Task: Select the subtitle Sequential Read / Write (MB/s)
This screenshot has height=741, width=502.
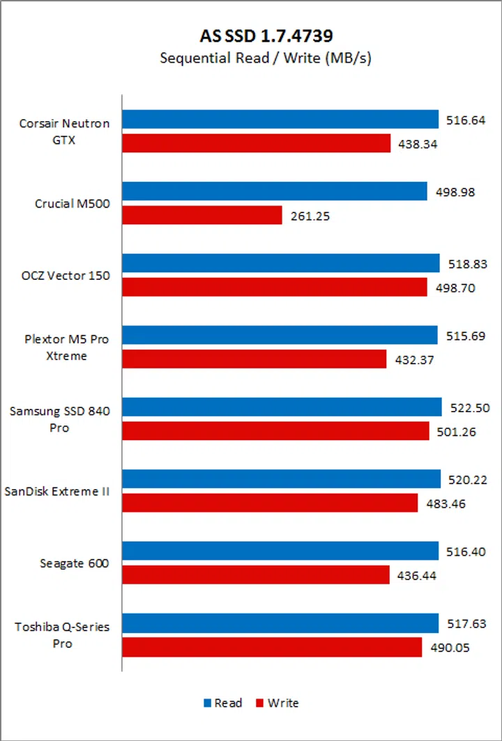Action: (x=265, y=58)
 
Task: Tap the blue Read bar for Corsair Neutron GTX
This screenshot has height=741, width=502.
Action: (x=280, y=119)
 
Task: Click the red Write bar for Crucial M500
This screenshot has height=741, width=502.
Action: (x=202, y=215)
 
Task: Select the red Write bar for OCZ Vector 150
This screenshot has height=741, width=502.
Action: (x=275, y=287)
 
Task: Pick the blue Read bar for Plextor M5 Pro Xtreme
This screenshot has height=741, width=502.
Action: (x=280, y=335)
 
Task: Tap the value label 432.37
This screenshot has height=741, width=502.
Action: (x=413, y=360)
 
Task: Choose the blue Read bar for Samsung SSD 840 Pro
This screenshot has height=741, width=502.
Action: (x=282, y=407)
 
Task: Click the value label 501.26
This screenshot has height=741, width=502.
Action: (x=456, y=432)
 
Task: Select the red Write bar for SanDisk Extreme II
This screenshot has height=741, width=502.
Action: (x=270, y=503)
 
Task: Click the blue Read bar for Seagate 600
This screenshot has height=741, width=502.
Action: (x=280, y=551)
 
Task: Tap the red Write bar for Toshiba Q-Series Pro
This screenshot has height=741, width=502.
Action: (x=273, y=647)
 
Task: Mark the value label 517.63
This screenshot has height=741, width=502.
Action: (x=465, y=624)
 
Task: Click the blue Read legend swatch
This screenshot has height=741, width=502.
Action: (x=206, y=703)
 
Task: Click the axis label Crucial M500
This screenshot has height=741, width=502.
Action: (x=73, y=203)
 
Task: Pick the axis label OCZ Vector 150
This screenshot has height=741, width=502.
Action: (x=66, y=275)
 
